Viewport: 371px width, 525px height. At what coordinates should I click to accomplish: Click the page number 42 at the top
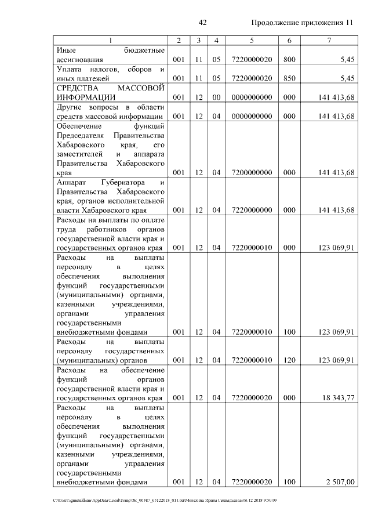203,23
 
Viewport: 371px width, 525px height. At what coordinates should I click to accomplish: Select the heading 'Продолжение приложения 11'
302,23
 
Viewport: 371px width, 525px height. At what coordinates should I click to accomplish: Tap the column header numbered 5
252,40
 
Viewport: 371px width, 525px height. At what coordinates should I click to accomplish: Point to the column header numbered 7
329,40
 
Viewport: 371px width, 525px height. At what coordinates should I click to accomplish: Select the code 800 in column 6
289,60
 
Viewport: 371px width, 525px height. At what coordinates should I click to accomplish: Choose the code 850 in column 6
289,78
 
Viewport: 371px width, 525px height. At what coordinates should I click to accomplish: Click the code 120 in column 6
289,360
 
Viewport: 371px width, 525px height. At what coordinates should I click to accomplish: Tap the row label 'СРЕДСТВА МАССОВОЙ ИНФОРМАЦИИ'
110,92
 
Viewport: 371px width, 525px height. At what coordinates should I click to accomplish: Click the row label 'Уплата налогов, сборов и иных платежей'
110,74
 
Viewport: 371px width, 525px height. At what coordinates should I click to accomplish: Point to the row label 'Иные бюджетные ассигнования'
110,55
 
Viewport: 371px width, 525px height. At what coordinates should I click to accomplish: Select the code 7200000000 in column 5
252,172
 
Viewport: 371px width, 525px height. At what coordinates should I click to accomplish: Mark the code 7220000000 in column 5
252,210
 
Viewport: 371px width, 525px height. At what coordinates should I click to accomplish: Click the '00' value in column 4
216,97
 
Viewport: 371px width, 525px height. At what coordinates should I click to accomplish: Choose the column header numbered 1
110,40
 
